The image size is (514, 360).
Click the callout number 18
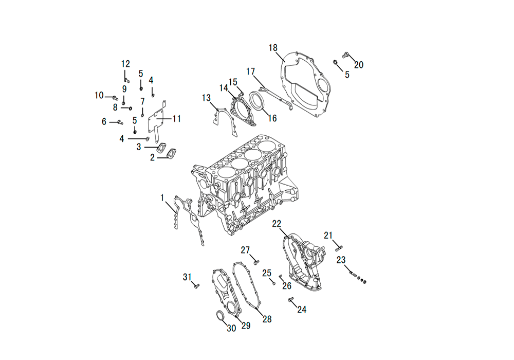pos(273,48)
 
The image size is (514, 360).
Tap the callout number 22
pos(277,224)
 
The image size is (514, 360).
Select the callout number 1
pos(162,197)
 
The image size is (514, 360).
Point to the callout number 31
pos(187,277)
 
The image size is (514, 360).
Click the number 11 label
pos(177,118)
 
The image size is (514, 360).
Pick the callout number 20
pos(359,65)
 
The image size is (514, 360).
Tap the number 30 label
pos(231,328)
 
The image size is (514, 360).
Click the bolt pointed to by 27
pos(256,262)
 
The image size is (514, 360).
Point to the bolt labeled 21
pos(339,248)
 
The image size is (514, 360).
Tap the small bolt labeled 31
pos(196,286)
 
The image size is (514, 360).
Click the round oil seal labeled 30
pos(220,315)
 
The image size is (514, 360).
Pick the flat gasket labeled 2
pos(172,153)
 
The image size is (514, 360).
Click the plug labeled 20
pos(345,55)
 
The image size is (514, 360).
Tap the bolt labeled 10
pos(115,97)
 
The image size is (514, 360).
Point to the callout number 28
pos(267,319)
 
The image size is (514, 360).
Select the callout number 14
pos(224,88)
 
